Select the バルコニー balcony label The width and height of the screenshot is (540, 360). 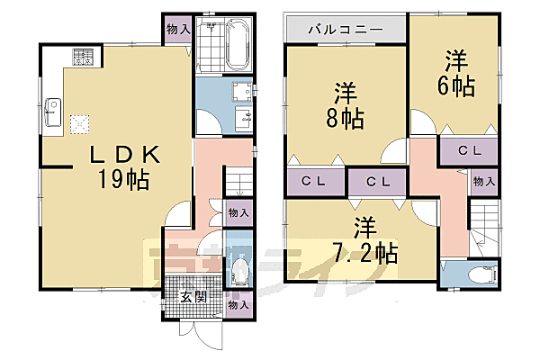click(x=346, y=30)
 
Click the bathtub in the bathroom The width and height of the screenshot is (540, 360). click(x=238, y=45)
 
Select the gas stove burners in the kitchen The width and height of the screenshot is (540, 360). click(x=84, y=57)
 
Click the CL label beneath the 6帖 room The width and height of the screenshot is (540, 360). click(x=469, y=150)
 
